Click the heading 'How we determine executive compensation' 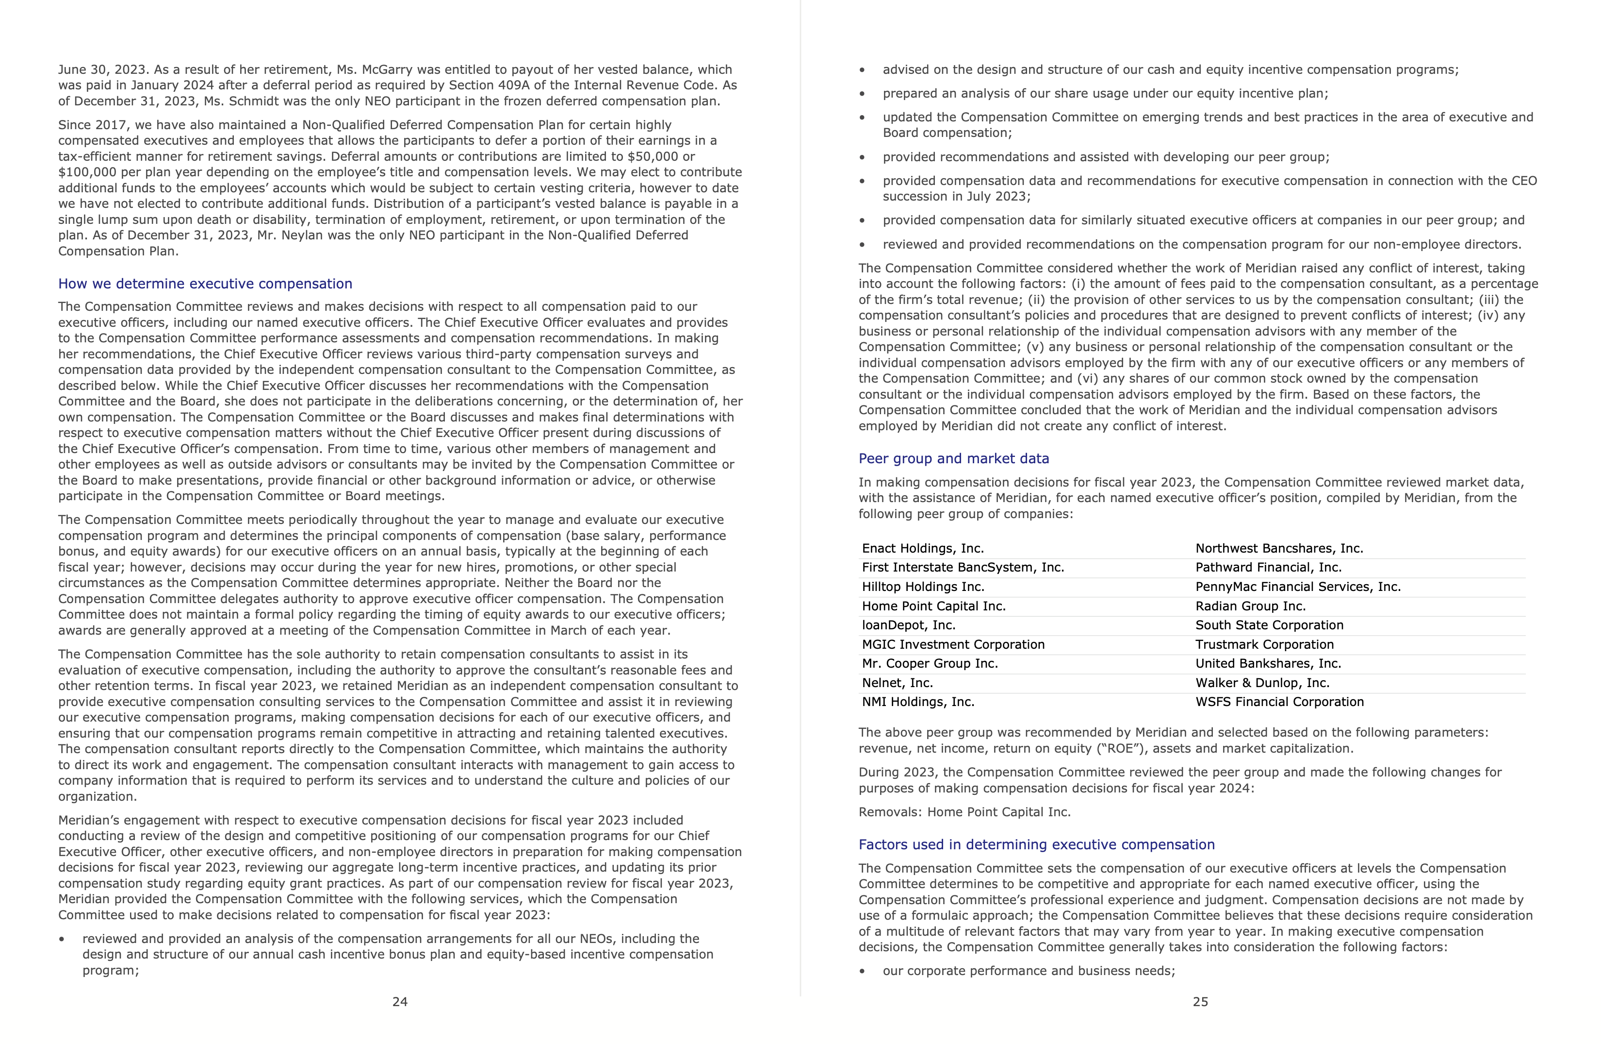205,284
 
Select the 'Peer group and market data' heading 953,458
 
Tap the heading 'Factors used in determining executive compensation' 1036,844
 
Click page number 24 400,1002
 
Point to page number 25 1200,1002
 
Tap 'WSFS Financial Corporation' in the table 1279,702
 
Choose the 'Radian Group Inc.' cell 1250,606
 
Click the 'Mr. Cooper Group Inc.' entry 930,664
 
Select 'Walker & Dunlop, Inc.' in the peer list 1262,683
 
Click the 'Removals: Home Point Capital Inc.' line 964,812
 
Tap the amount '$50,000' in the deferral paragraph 652,156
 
